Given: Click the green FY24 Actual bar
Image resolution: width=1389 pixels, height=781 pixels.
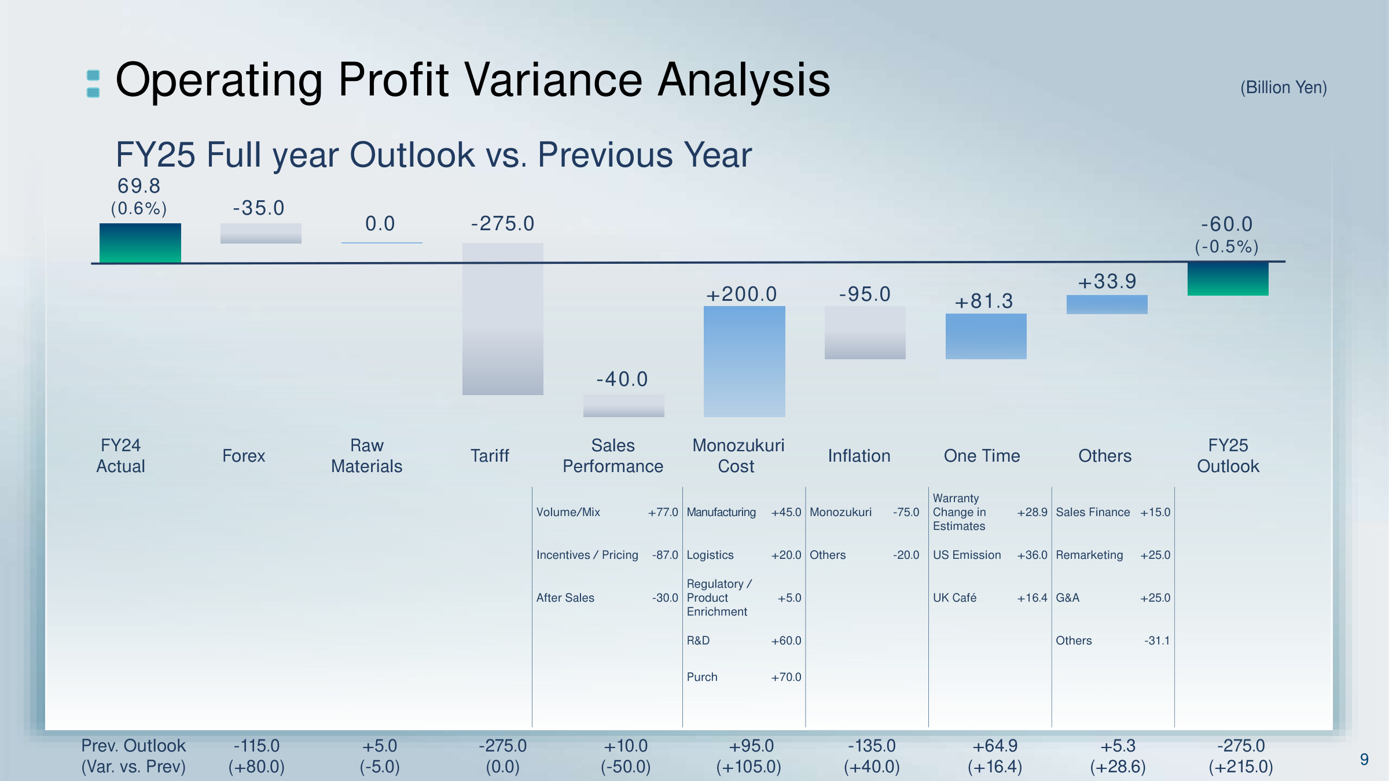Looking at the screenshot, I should (140, 243).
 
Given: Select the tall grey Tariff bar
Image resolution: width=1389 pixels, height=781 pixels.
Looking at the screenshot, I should (502, 319).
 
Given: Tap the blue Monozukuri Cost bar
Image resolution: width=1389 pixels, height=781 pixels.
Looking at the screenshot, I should (744, 362).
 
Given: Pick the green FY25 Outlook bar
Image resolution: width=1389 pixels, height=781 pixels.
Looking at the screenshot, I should (1228, 279).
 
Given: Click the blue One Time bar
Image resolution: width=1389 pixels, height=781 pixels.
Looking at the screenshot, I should (986, 336).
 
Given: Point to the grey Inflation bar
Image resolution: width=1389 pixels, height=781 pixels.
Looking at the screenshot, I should (865, 333).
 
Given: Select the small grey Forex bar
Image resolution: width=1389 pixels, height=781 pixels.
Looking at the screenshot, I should (260, 233).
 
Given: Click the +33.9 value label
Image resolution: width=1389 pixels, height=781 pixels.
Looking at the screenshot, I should (1107, 282).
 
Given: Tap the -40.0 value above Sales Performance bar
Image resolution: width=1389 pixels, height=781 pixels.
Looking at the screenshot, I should (622, 380).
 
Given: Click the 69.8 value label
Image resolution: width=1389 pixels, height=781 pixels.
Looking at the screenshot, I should (139, 186).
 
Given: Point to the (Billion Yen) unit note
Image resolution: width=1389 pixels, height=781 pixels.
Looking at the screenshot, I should (1283, 88).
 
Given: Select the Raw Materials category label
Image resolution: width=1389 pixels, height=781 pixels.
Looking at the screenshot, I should (366, 456).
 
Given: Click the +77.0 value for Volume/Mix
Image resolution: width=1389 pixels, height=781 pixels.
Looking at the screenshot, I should (663, 513).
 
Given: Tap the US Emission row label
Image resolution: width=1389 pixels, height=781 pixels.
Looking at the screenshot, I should (967, 555).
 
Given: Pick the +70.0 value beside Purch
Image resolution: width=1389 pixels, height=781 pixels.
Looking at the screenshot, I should (786, 677).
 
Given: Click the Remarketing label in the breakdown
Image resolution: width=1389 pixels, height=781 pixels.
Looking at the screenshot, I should (1089, 555).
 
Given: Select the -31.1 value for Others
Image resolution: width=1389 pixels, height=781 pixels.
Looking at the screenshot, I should (1156, 641).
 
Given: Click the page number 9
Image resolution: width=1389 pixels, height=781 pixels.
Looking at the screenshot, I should (1364, 760).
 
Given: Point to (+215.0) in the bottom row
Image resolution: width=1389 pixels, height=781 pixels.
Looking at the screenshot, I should (1241, 767).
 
